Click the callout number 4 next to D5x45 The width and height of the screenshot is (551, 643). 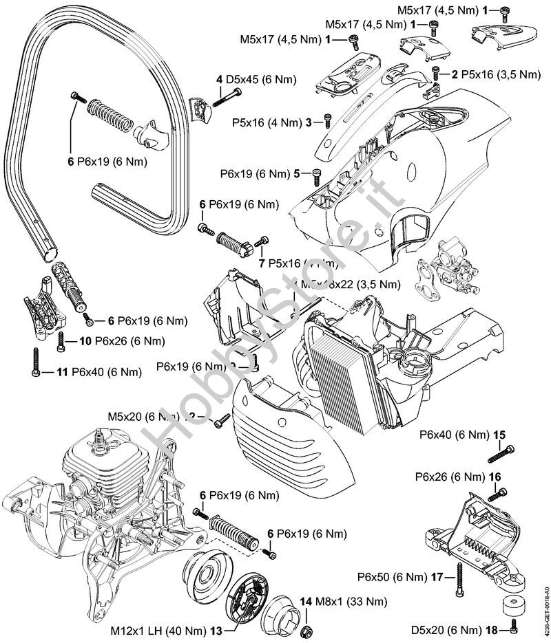[x=218, y=80]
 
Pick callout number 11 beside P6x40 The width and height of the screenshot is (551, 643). [x=62, y=372]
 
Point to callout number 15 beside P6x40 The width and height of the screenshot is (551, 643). [x=499, y=435]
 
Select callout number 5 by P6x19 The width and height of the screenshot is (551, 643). [x=297, y=173]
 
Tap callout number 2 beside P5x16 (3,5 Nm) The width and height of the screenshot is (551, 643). [x=455, y=73]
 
